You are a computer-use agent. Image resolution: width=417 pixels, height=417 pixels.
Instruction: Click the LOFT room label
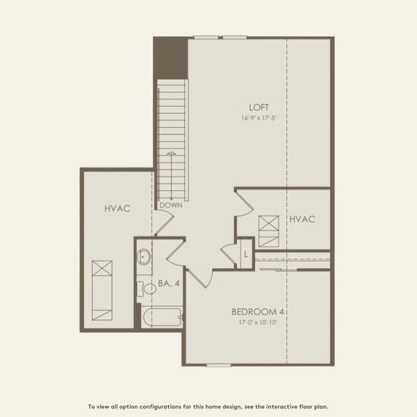click(259, 107)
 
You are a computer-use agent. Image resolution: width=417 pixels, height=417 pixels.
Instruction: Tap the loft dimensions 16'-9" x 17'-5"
click(259, 118)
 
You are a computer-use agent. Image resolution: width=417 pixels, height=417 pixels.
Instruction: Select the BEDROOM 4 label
click(258, 311)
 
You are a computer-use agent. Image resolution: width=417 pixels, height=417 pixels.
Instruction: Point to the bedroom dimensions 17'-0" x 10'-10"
click(258, 322)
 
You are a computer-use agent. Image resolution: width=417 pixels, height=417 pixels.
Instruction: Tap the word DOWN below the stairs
click(170, 206)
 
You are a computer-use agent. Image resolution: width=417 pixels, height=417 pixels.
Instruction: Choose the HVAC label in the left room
click(117, 208)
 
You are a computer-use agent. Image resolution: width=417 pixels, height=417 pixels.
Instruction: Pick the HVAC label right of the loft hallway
click(302, 220)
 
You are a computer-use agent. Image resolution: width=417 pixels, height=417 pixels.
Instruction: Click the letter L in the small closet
click(245, 254)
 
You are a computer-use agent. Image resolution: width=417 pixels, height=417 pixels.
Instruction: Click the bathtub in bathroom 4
click(161, 318)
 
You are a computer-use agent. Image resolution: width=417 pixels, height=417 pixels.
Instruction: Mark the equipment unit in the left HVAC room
click(102, 290)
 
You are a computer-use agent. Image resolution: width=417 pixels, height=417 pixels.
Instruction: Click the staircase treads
click(172, 139)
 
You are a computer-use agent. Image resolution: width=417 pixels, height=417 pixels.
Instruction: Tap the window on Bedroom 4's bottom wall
click(219, 365)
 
